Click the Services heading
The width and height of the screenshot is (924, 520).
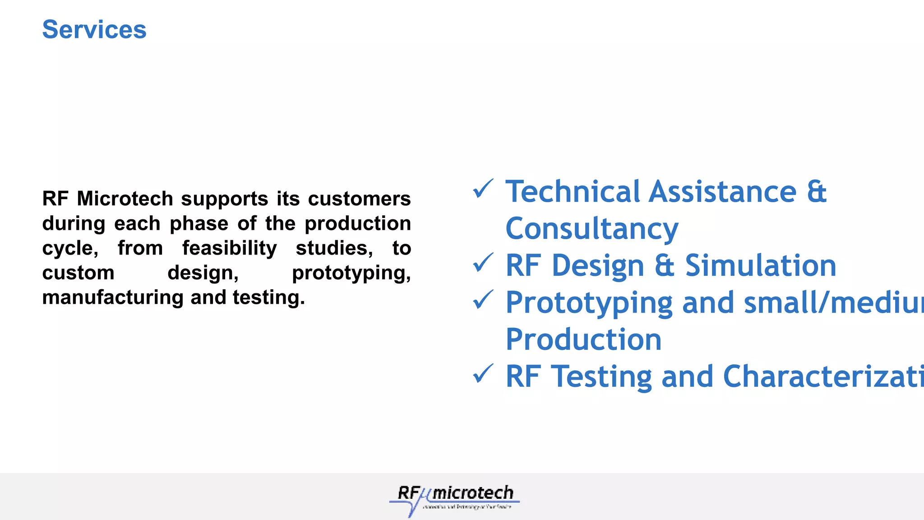pyautogui.click(x=94, y=30)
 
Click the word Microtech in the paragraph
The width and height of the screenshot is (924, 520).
pyautogui.click(x=125, y=199)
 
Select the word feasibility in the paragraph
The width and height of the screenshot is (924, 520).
pyautogui.click(x=229, y=249)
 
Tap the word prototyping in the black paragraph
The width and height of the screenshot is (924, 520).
pyautogui.click(x=351, y=274)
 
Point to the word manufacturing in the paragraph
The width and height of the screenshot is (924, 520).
pyautogui.click(x=113, y=298)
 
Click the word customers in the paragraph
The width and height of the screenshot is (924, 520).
pyautogui.click(x=359, y=199)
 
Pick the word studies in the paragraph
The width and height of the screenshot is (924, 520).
pyautogui.click(x=334, y=248)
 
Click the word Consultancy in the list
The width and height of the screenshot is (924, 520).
pyautogui.click(x=591, y=229)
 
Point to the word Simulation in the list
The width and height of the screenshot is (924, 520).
pyautogui.click(x=761, y=265)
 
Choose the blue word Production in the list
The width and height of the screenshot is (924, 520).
pyautogui.click(x=583, y=339)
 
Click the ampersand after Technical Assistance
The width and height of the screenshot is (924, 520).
pyautogui.click(x=817, y=192)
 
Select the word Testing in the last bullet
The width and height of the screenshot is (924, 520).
pyautogui.click(x=602, y=377)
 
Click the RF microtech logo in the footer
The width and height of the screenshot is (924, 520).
pyautogui.click(x=454, y=499)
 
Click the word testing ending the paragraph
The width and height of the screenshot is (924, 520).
pyautogui.click(x=268, y=298)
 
